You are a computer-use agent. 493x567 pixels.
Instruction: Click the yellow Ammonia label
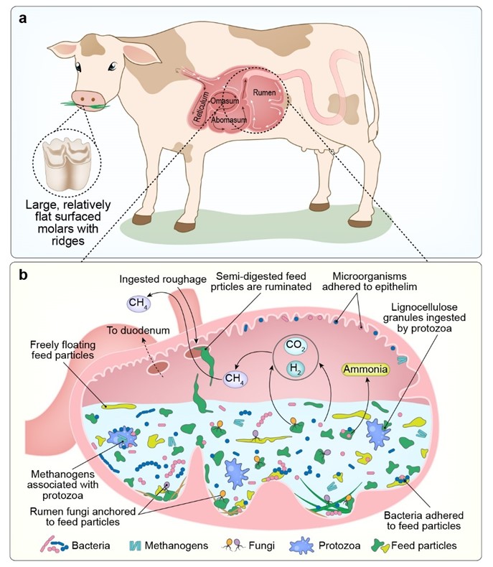(x=365, y=370)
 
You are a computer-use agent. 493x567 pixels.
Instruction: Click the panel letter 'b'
(x=24, y=276)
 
